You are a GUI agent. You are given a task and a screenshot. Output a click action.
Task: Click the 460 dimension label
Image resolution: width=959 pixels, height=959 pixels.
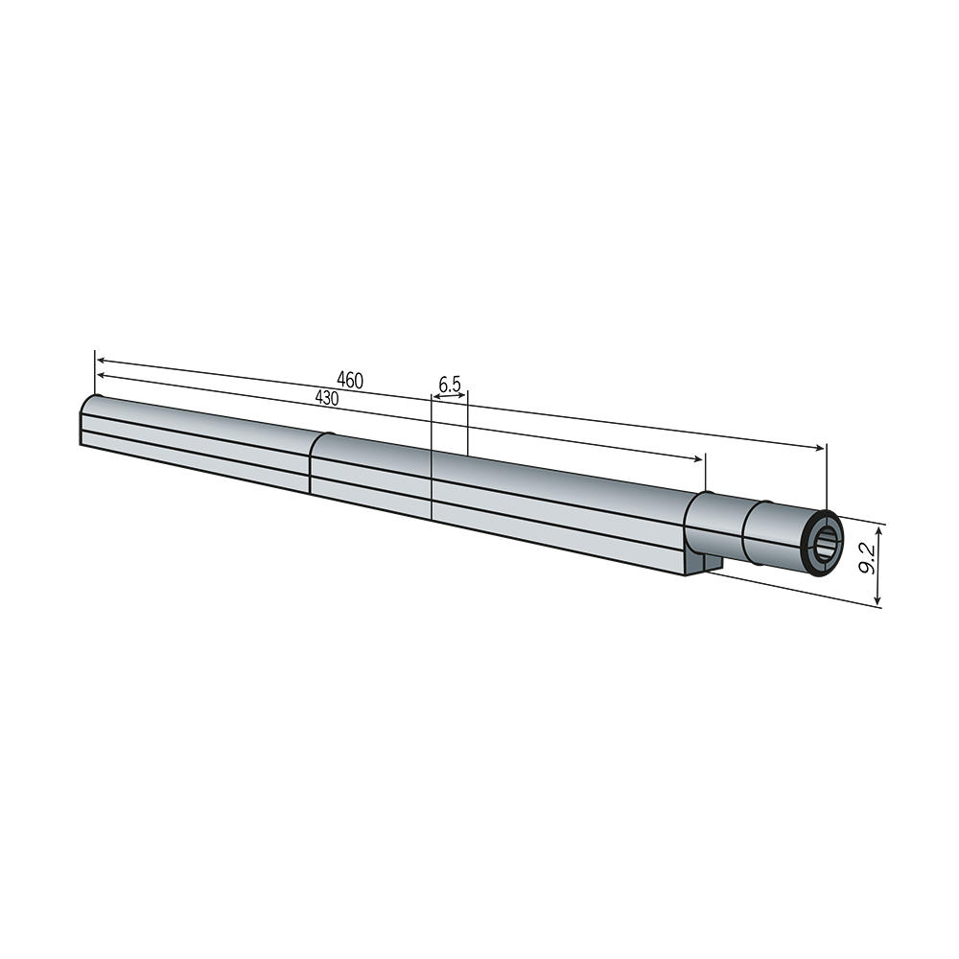350,381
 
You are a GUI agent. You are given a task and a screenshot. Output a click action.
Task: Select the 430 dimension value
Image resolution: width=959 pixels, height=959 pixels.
327,398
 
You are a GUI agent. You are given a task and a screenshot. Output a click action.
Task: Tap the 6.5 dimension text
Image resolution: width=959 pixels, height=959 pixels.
450,385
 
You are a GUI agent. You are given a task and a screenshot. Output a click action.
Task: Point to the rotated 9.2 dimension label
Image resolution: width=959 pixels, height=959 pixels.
867,559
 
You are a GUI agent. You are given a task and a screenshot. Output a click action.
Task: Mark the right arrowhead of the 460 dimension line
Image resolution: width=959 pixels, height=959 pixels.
820,448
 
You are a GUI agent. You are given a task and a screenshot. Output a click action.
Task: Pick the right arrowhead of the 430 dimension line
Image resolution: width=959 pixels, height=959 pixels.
698,458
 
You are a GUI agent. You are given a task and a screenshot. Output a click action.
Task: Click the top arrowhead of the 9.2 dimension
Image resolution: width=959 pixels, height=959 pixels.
878,529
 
